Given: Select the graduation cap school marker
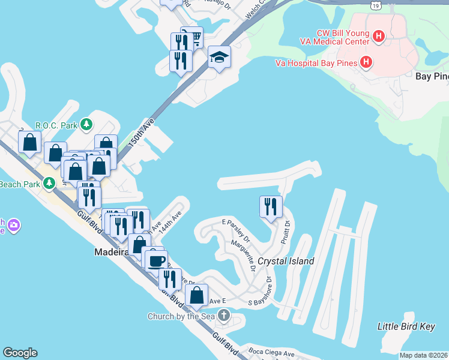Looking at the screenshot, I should tap(219, 57).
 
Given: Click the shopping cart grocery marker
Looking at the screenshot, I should tap(191, 38).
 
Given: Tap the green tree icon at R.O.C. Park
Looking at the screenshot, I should tap(87, 124).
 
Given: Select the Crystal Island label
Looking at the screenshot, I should tap(286, 261).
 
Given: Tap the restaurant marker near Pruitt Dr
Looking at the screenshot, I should tap(271, 207).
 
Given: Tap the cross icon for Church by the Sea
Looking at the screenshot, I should tap(223, 315).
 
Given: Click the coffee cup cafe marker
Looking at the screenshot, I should tap(156, 260).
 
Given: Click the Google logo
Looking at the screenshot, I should tap(20, 353).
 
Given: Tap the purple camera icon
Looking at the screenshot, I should tap(13, 226).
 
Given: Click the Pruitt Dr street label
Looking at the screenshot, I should tap(285, 232).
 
